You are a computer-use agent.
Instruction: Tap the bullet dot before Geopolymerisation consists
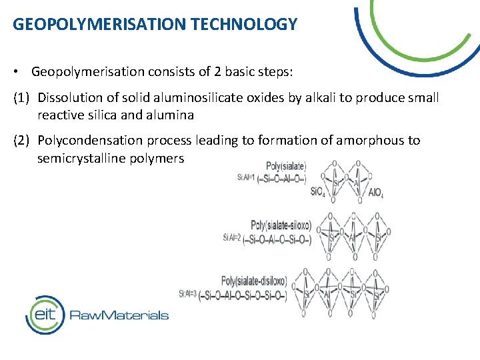click(x=21, y=71)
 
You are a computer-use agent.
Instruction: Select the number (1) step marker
click(x=23, y=98)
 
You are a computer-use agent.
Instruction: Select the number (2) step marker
click(x=23, y=141)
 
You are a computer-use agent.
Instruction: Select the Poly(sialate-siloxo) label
click(x=281, y=225)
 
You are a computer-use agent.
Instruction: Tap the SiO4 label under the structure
click(x=319, y=192)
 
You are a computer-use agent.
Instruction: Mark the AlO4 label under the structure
click(x=376, y=193)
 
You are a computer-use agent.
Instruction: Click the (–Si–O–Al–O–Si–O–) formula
click(x=277, y=238)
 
